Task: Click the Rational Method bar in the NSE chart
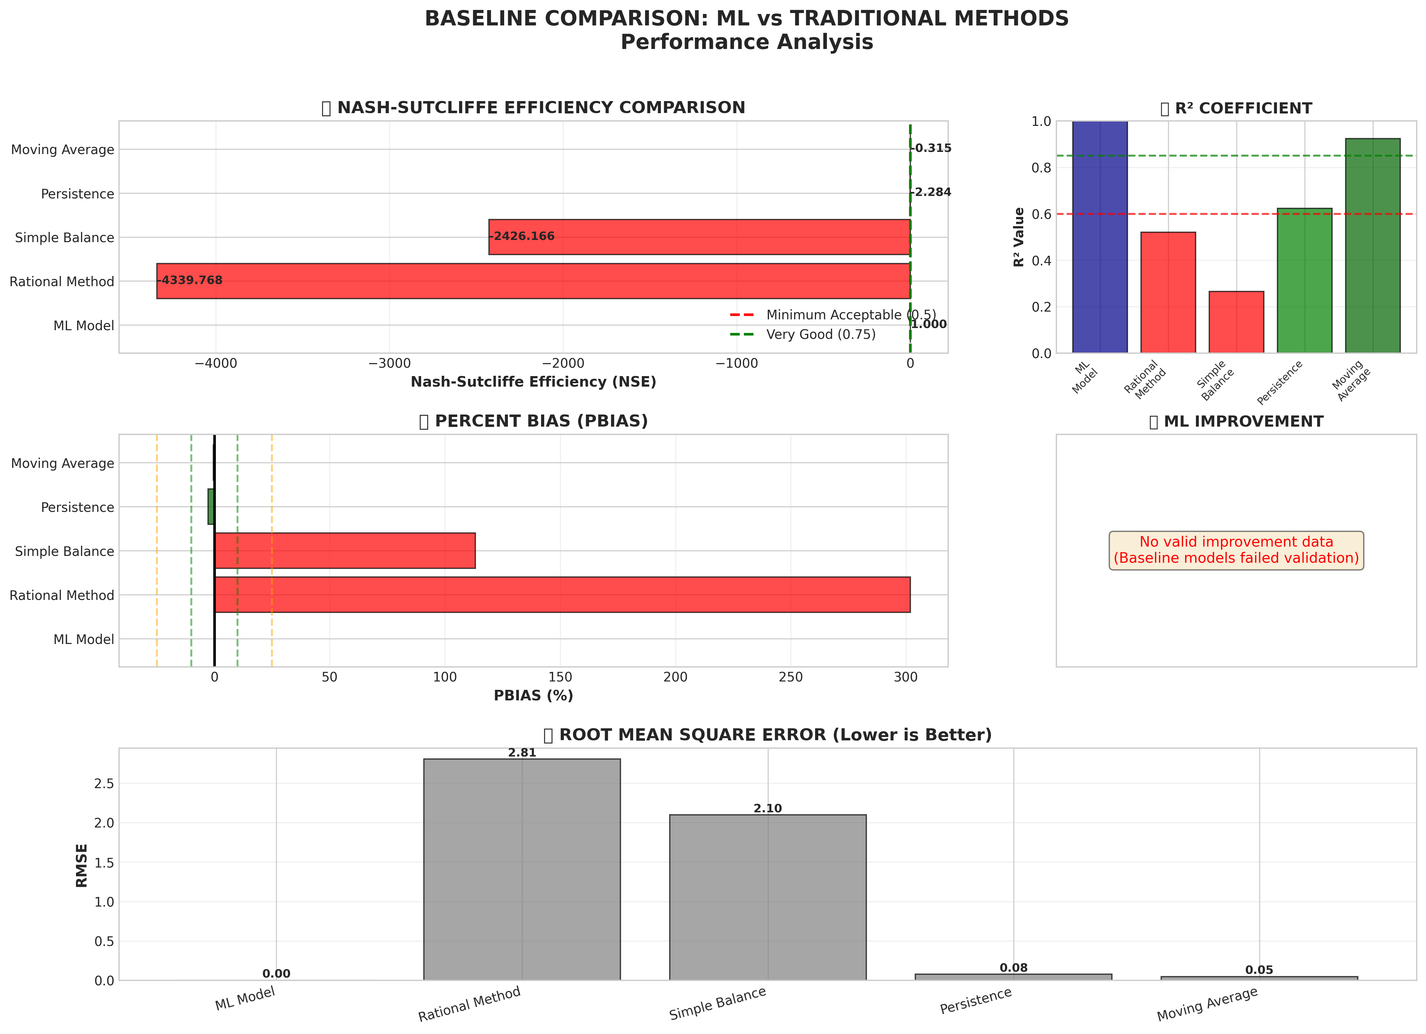pos(533,281)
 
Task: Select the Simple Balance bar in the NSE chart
pos(699,237)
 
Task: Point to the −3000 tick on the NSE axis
pos(389,363)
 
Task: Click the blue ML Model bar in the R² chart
pos(1100,237)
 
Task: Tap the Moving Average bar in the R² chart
pos(1373,245)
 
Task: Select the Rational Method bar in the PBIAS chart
pos(562,595)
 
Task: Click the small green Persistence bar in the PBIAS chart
pos(211,507)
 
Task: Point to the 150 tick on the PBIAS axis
pos(560,677)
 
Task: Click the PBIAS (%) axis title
pos(533,695)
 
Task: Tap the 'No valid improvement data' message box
pos(1236,550)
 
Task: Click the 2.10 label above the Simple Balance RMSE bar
pos(768,808)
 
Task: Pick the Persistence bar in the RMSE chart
pos(1013,977)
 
